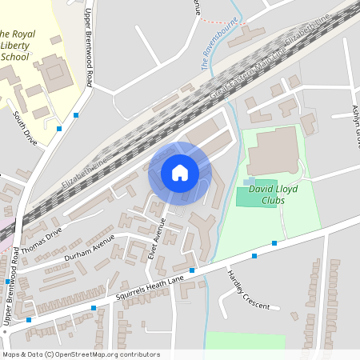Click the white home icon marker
[179, 173]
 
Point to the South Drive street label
[26, 126]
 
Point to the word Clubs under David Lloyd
[273, 202]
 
